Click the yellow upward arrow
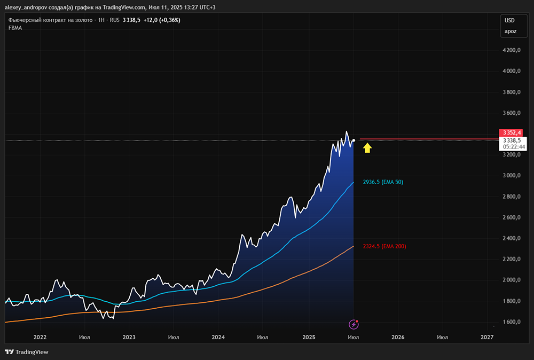[367, 147]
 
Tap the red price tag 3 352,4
[511, 132]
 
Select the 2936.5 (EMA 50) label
[383, 182]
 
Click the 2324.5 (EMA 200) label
[384, 247]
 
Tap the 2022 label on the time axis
[40, 338]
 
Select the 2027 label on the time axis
[486, 338]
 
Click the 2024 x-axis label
[218, 338]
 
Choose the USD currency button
[509, 20]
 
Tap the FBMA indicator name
[15, 28]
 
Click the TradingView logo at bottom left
[27, 352]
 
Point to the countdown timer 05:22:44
[511, 147]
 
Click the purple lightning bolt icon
[354, 324]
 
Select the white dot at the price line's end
[354, 140]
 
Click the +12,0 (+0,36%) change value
[162, 20]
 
